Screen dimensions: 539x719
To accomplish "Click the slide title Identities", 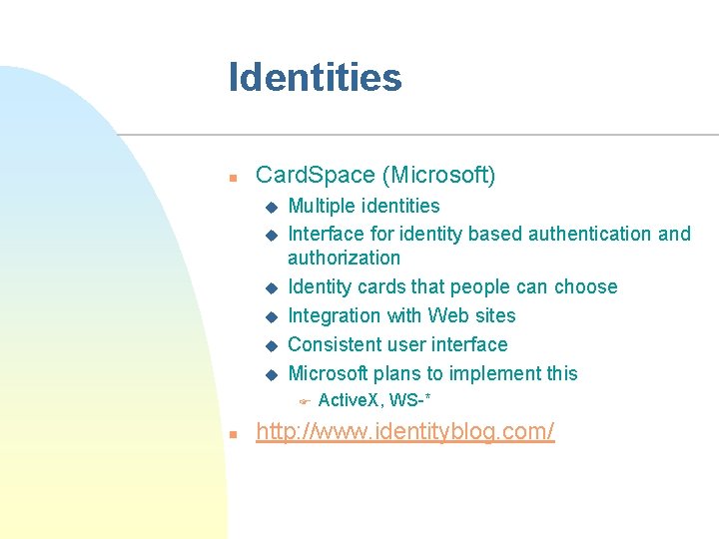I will [x=315, y=78].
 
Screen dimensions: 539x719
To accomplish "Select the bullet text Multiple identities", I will [x=363, y=206].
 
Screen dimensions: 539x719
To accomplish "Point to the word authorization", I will [x=344, y=258].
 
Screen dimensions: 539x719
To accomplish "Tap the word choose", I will [x=584, y=286].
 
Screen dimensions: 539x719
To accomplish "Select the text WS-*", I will [x=410, y=400].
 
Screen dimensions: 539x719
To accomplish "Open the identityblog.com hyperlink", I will [x=405, y=432].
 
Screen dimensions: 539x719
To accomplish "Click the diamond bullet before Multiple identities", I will [x=269, y=208].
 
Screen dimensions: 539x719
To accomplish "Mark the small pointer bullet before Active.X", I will [x=306, y=401].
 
